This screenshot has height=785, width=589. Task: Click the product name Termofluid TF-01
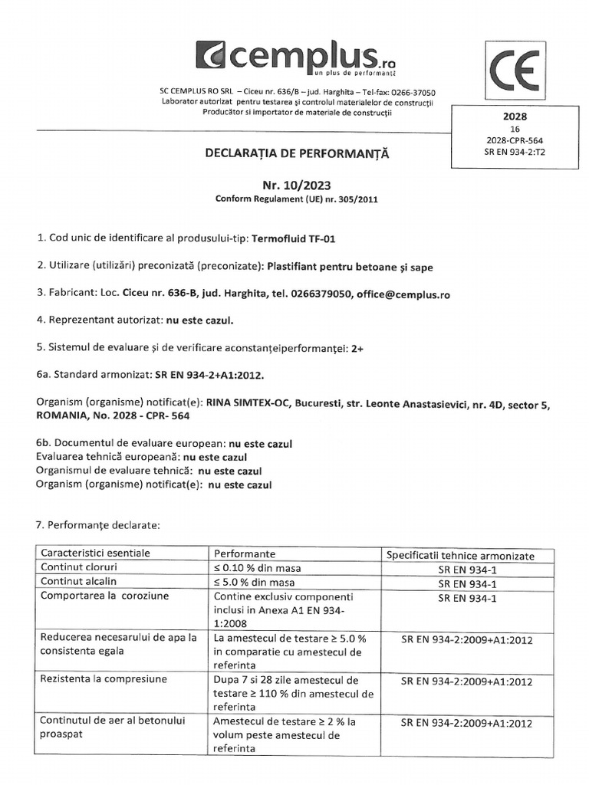coord(294,238)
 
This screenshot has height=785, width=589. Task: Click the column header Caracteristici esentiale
coord(96,553)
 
